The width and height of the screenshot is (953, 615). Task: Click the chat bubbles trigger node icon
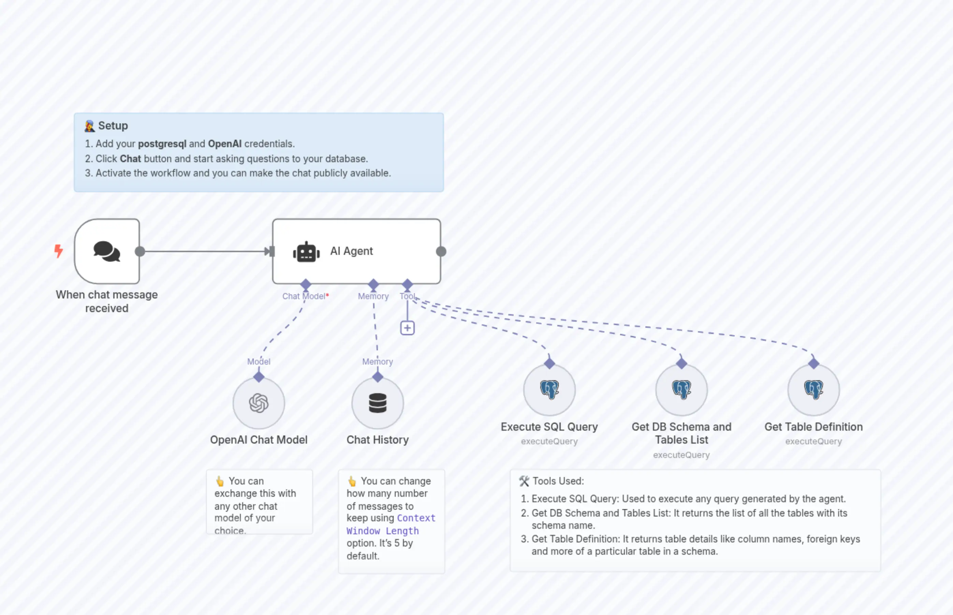coord(107,251)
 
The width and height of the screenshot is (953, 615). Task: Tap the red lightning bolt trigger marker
coord(59,251)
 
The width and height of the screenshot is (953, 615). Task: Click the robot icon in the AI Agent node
coord(306,252)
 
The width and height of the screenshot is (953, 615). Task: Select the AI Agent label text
coord(351,251)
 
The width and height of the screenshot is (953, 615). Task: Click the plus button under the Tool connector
coord(407,328)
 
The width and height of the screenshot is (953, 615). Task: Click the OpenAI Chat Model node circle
coord(259,403)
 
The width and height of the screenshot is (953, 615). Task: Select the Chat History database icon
coord(377,403)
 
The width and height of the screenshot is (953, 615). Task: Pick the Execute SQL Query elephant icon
coord(549,389)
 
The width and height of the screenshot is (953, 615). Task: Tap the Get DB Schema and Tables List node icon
coord(681,389)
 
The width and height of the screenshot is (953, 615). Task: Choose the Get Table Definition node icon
coord(813,389)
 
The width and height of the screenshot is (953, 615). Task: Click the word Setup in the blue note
coord(113,126)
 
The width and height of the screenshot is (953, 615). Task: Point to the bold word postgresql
coord(162,144)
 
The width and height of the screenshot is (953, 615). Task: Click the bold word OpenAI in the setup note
coord(225,144)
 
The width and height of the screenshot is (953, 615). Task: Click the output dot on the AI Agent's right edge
coord(441,251)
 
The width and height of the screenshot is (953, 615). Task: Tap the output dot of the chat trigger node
coord(140,251)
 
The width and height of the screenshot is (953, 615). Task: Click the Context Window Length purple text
coord(391,524)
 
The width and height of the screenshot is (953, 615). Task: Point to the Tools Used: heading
coord(558,481)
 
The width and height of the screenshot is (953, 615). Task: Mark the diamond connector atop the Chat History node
coord(377,376)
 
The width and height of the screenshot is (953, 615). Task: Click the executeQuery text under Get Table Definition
coord(813,441)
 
